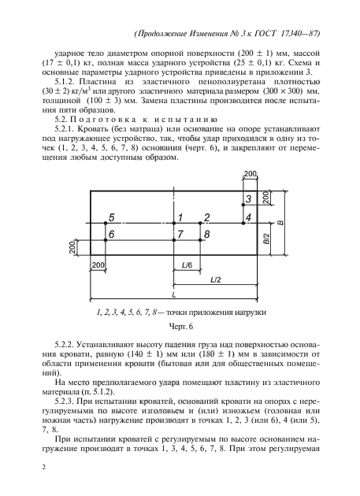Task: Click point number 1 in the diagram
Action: (x=180, y=217)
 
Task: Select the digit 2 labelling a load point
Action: (x=206, y=217)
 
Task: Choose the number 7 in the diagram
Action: (x=180, y=234)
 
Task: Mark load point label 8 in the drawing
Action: (x=206, y=234)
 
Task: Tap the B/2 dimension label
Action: (x=265, y=239)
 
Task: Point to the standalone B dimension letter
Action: (x=280, y=225)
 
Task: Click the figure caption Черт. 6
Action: (x=180, y=325)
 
